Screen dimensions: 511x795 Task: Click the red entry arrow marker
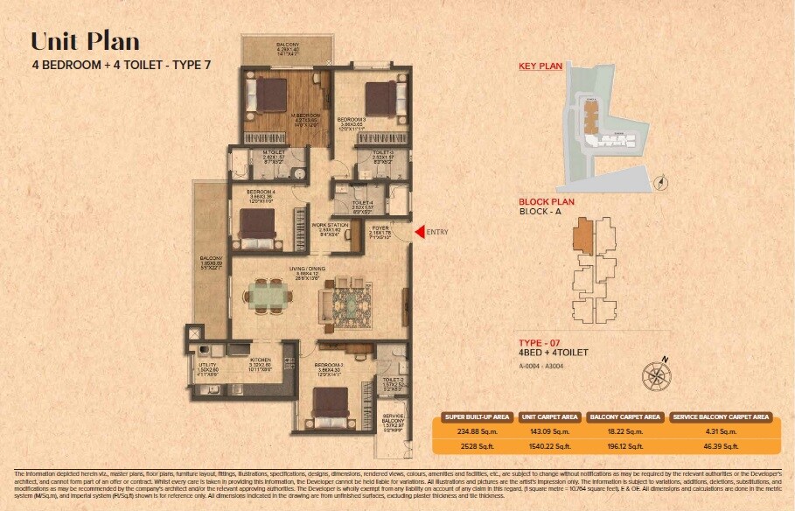(419, 232)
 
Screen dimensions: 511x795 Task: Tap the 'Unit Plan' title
(85, 41)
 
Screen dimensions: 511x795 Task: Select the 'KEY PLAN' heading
(540, 66)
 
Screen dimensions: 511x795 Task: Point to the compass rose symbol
(656, 376)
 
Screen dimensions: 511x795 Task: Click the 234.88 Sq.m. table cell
(470, 430)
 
